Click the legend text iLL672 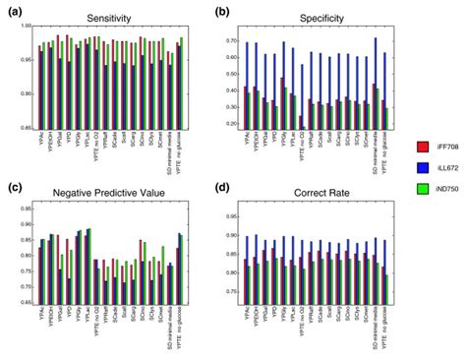(448, 174)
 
